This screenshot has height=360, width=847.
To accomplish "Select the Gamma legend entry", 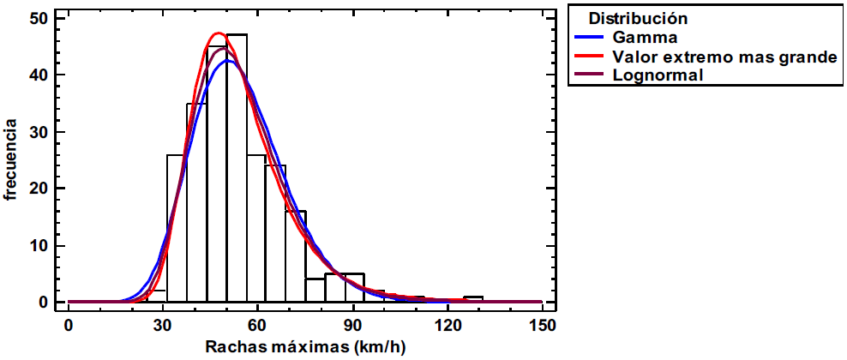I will pyautogui.click(x=646, y=38).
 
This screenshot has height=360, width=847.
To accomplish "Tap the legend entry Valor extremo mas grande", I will pyautogui.click(x=724, y=57).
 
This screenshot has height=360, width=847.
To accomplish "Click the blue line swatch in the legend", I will pyautogui.click(x=591, y=38).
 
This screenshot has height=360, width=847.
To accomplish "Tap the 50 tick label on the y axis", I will pyautogui.click(x=38, y=18).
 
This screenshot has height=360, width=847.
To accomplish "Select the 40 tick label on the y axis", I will pyautogui.click(x=38, y=75).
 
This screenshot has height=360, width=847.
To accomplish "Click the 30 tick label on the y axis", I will pyautogui.click(x=38, y=132).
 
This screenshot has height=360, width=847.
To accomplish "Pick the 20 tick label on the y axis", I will pyautogui.click(x=38, y=189).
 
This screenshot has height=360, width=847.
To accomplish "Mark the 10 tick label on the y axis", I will pyautogui.click(x=38, y=246).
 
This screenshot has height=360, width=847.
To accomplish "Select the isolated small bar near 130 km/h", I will pyautogui.click(x=473, y=299).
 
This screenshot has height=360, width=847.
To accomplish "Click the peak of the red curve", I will pyautogui.click(x=218, y=33).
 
